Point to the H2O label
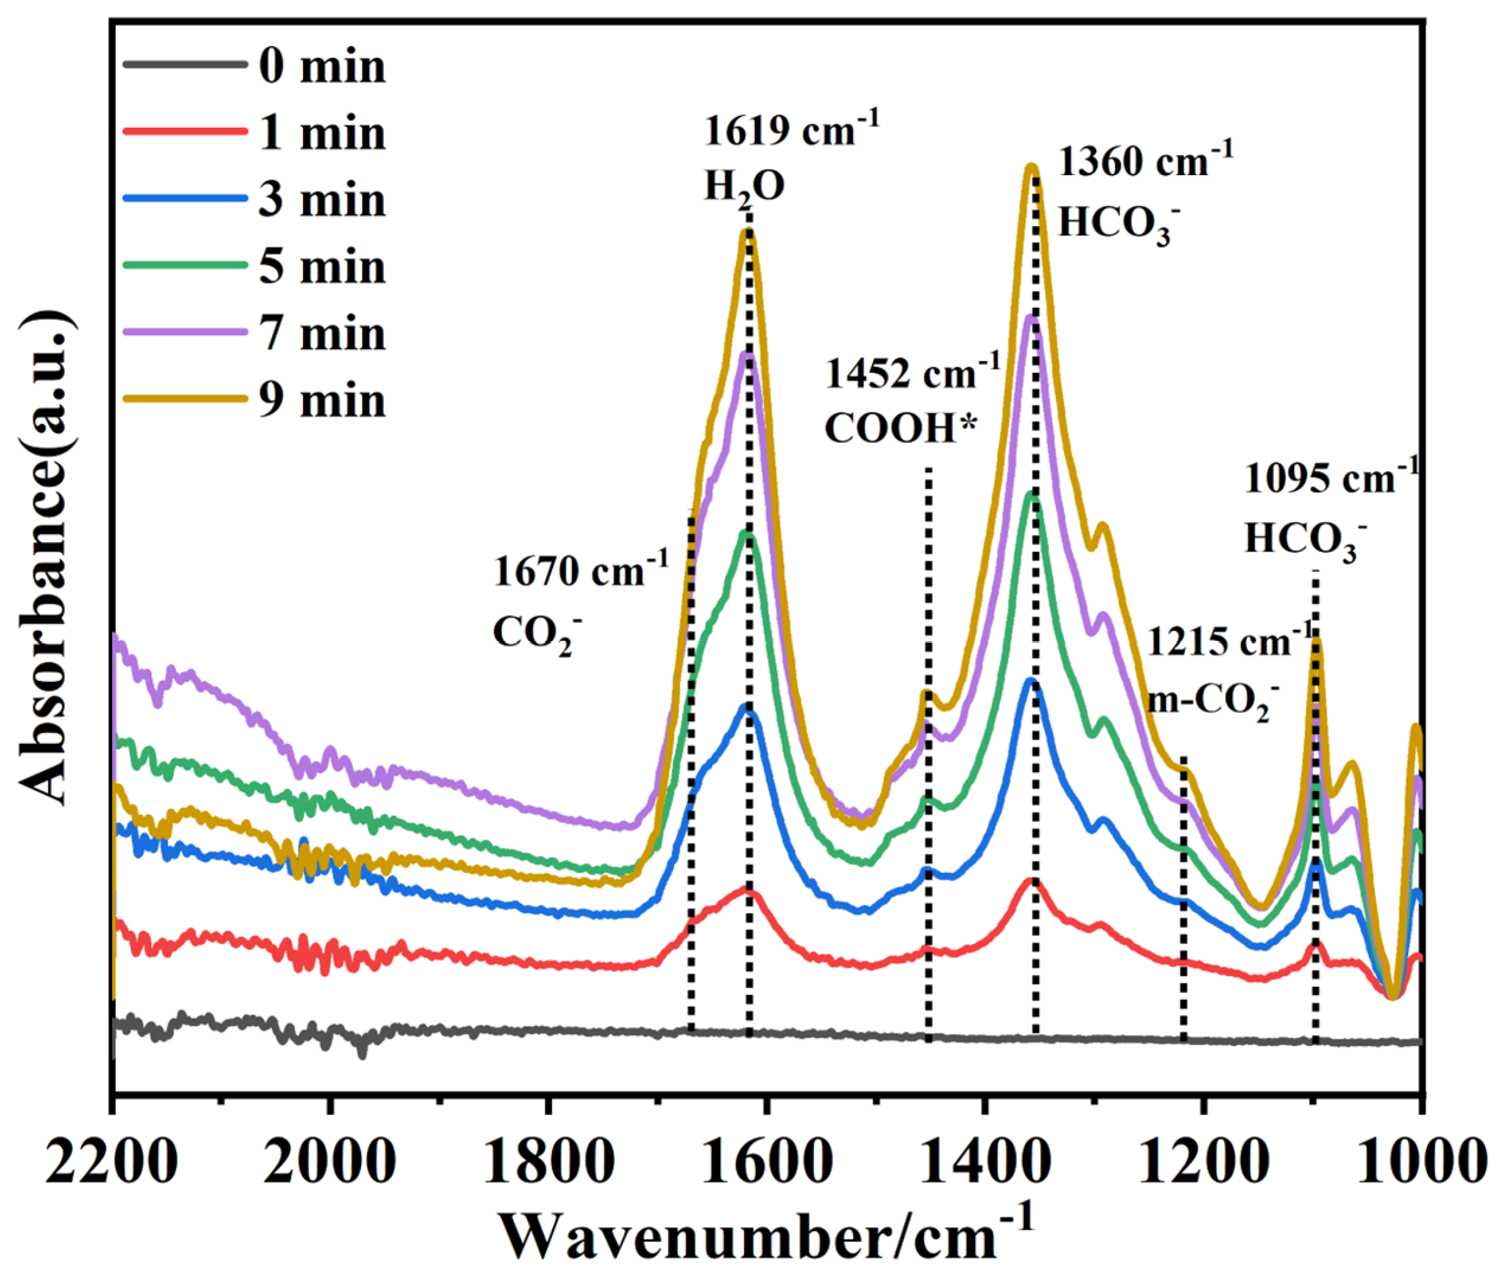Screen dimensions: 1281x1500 (x=744, y=186)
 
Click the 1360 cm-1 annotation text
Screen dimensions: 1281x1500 (x=1145, y=161)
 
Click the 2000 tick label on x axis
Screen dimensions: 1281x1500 (x=329, y=1164)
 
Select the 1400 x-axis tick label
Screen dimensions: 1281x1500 (x=984, y=1164)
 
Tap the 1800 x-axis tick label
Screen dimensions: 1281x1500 (x=549, y=1164)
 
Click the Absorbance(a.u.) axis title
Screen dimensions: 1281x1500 (x=45, y=557)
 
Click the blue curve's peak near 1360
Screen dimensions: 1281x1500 (x=1031, y=681)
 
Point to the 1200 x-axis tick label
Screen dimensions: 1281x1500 (x=1203, y=1164)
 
